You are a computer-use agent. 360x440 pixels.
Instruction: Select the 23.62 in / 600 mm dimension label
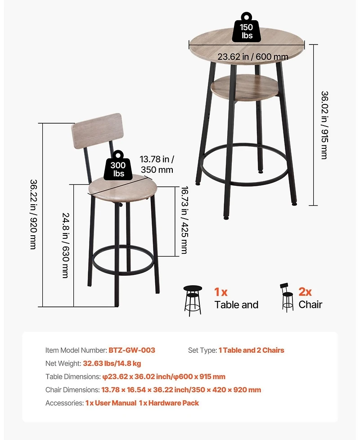[252, 57]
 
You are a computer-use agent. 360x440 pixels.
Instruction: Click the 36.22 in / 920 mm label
[33, 215]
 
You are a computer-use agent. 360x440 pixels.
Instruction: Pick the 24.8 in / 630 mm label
[65, 245]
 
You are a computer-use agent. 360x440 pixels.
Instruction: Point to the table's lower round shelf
[247, 87]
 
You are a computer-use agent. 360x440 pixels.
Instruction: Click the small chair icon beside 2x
[286, 297]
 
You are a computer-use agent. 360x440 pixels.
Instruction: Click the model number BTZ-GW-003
[132, 350]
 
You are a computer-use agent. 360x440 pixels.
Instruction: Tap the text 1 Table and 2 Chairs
[252, 350]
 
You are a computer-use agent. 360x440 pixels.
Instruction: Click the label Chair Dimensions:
[72, 390]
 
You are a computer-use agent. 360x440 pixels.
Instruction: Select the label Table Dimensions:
[72, 377]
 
